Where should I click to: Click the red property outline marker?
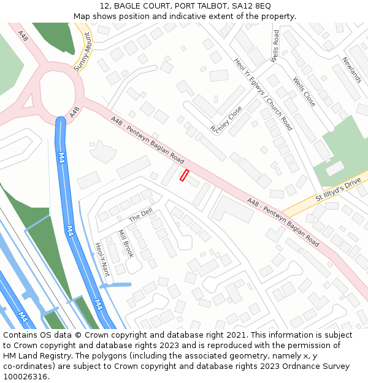[183, 175]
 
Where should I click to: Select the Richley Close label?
[226, 120]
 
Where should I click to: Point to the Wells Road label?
[275, 45]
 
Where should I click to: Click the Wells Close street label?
[304, 91]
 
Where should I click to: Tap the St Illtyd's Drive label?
[338, 191]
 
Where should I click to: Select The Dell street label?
[140, 216]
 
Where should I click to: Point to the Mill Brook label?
[125, 243]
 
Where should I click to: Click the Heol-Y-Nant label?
[102, 259]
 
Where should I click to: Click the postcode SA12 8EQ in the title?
[247, 6]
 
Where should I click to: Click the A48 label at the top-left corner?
[23, 36]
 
